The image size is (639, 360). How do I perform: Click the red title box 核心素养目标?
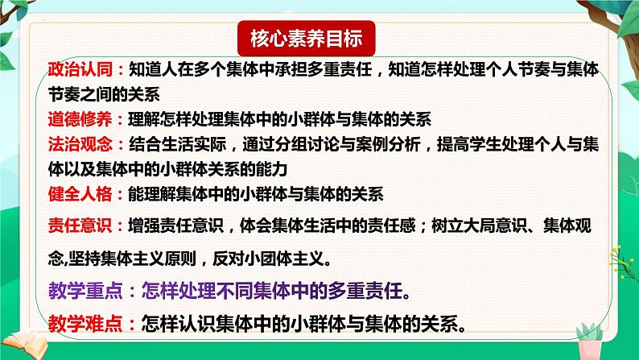(x=306, y=39)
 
